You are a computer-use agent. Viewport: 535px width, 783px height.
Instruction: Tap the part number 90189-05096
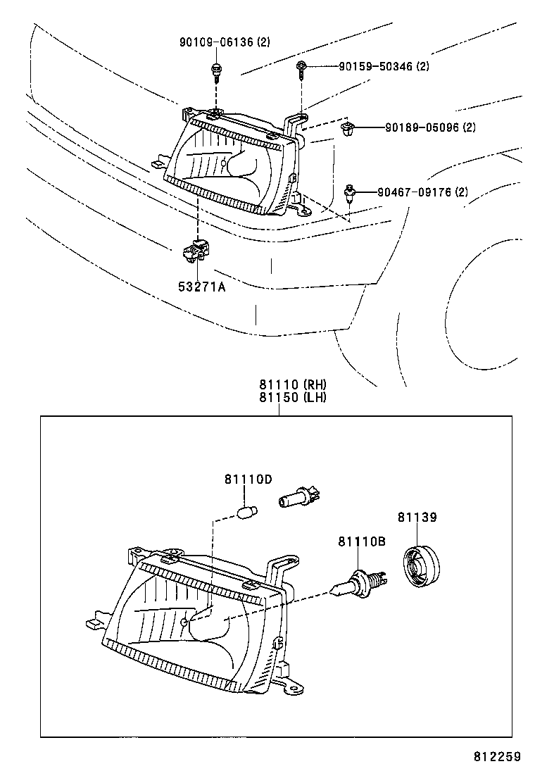tap(430, 128)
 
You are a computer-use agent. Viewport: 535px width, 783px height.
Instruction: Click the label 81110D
tap(248, 480)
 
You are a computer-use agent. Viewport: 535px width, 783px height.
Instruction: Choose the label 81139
tap(417, 518)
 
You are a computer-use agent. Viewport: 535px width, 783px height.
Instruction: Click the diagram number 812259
tap(496, 757)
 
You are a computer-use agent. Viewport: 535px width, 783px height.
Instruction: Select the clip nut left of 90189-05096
tap(346, 129)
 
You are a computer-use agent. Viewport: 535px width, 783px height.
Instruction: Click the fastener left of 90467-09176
tap(350, 192)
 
